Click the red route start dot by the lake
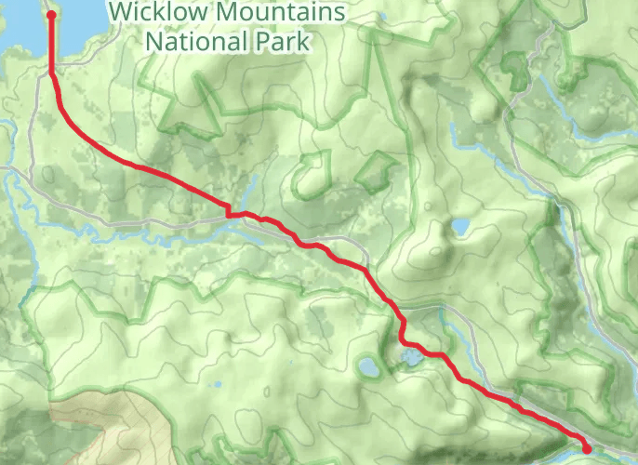pos(50,15)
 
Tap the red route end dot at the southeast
pos(587,449)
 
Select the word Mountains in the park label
pos(281,14)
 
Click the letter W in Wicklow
pos(121,14)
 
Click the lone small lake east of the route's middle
pos(459,227)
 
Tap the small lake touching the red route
pos(410,357)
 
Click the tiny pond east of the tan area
pos(216,384)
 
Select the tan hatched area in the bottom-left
pos(102,428)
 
